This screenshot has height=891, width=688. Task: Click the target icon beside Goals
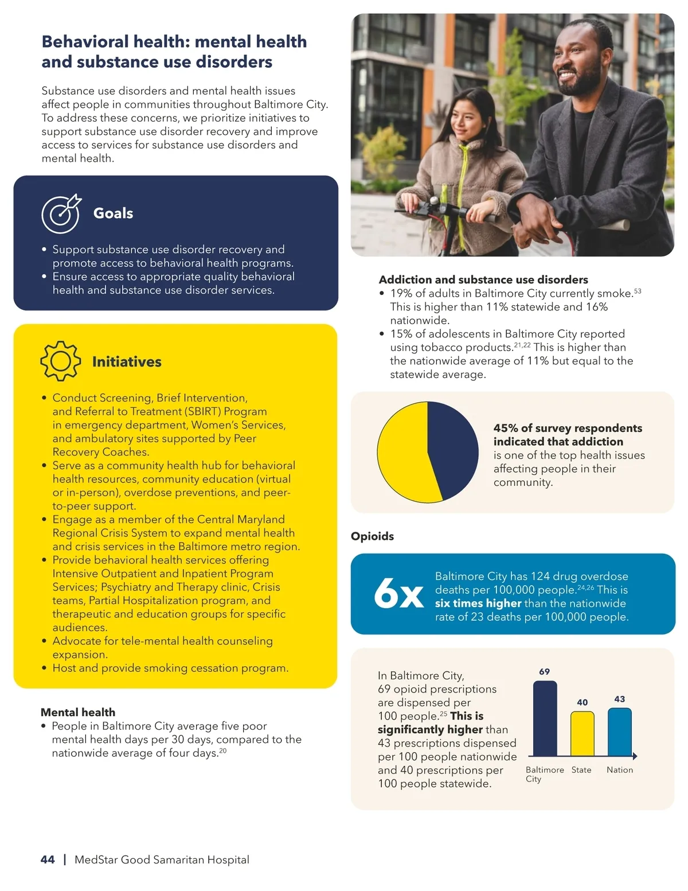[61, 214]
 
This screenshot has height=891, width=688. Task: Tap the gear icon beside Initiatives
[60, 361]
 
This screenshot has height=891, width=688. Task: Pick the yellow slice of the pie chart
[404, 453]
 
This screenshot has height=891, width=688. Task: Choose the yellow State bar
[582, 734]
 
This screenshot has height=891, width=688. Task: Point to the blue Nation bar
[619, 732]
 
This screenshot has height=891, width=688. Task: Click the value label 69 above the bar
[545, 672]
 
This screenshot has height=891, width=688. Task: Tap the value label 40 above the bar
[582, 702]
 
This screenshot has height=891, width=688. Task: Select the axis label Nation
[620, 770]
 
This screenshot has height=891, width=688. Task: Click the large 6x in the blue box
[398, 593]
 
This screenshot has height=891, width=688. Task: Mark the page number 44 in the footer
[48, 859]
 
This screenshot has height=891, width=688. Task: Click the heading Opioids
[372, 536]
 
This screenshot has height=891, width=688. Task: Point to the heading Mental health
[78, 713]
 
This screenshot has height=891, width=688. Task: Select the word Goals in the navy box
[113, 213]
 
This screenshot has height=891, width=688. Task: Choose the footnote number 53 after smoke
[638, 291]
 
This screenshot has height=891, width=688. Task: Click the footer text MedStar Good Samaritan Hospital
[162, 859]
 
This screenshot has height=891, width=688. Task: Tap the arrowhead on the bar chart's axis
[635, 757]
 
